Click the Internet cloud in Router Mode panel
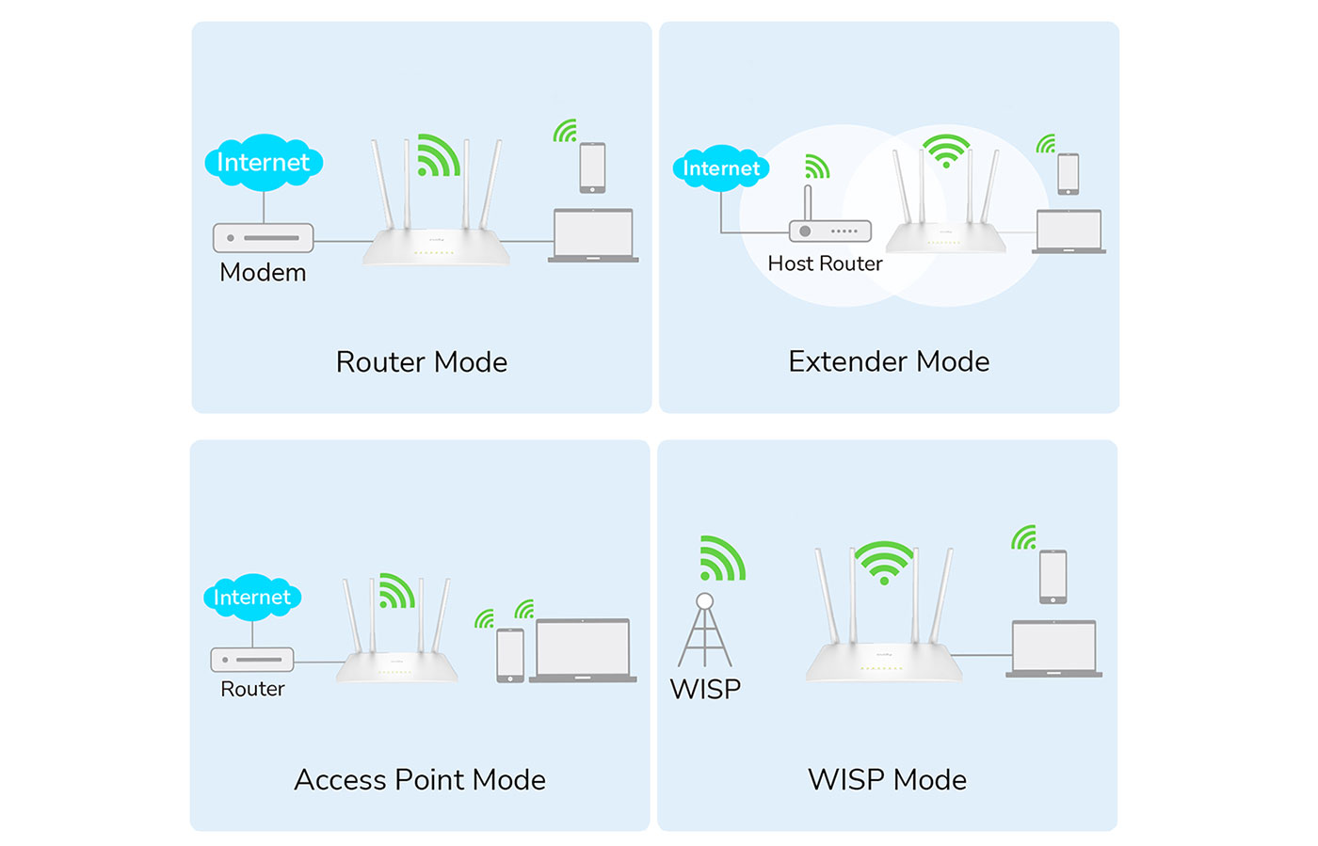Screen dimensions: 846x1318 pyautogui.click(x=264, y=163)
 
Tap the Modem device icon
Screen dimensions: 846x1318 pyautogui.click(x=263, y=237)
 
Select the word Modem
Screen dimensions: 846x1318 pyautogui.click(x=263, y=273)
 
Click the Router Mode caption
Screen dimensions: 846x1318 pyautogui.click(x=421, y=362)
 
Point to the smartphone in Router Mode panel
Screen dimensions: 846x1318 pyautogui.click(x=592, y=168)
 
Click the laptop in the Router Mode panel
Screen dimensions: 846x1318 pyautogui.click(x=593, y=235)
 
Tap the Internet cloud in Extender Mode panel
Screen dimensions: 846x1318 pyautogui.click(x=721, y=168)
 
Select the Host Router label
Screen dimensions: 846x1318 pyautogui.click(x=825, y=263)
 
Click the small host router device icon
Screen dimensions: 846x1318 pyautogui.click(x=829, y=230)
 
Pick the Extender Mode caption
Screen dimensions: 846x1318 pyautogui.click(x=889, y=361)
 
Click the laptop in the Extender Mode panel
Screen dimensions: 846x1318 pyautogui.click(x=1069, y=231)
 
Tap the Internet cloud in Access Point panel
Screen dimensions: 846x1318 pyautogui.click(x=252, y=598)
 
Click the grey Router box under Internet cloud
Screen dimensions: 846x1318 pyautogui.click(x=252, y=660)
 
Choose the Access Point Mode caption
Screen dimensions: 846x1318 pyautogui.click(x=420, y=780)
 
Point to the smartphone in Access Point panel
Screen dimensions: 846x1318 pyautogui.click(x=510, y=655)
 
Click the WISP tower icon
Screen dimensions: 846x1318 pyautogui.click(x=705, y=631)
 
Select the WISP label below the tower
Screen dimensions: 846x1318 pyautogui.click(x=705, y=689)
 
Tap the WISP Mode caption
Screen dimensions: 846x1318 pyautogui.click(x=887, y=780)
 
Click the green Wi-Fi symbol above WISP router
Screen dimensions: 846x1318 pyautogui.click(x=884, y=562)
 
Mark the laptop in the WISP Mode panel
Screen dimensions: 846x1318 pyautogui.click(x=1053, y=648)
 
